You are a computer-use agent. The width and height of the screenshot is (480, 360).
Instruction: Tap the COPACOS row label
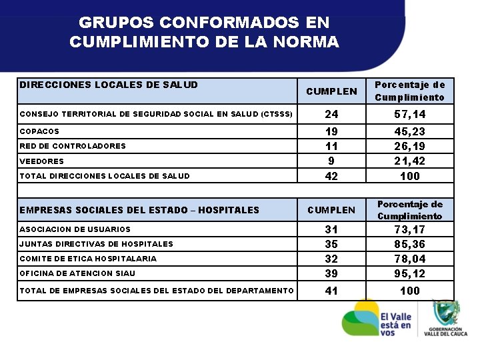pos(39,131)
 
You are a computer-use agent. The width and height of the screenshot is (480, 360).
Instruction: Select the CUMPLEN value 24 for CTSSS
pos(331,114)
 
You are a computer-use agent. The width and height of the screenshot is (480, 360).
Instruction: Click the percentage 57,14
pos(409,114)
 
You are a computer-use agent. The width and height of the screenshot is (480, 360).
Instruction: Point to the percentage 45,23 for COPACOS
pos(409,131)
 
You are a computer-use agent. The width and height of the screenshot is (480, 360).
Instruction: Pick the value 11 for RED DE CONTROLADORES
pos(331,146)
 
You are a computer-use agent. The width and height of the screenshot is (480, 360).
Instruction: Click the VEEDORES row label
pos(42,161)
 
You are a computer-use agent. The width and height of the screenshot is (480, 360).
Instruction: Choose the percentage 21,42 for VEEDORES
pos(409,161)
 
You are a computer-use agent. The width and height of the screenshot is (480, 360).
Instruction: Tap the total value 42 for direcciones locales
pos(331,176)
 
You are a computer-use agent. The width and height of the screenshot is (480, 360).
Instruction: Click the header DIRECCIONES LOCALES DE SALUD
pos(109,85)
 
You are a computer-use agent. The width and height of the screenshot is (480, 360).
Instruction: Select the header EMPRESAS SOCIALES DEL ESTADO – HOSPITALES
pos(139,210)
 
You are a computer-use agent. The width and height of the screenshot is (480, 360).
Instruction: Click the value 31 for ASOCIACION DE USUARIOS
pos(331,229)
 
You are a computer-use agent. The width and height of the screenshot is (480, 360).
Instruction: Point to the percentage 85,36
pos(409,243)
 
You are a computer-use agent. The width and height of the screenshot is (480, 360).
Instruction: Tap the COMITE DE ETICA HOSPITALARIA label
pos(89,259)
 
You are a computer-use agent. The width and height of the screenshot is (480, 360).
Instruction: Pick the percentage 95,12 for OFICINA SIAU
pos(409,273)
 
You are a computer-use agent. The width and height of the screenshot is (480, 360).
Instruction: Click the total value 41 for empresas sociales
pos(331,291)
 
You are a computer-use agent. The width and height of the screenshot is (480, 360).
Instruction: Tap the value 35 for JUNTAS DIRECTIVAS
pos(331,243)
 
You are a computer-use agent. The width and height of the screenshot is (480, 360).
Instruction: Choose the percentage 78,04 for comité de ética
pos(409,259)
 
